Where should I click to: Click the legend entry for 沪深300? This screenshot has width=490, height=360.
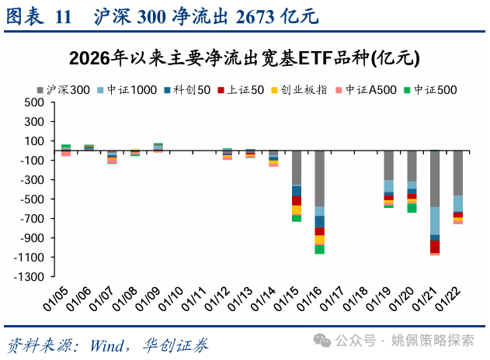coord(63,89)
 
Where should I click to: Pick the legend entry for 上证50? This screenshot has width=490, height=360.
coord(242,89)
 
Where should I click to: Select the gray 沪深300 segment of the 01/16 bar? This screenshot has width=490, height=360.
coord(320,178)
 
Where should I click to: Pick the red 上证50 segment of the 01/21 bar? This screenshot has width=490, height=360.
coord(435,246)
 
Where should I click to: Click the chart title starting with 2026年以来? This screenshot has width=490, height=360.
coord(245,58)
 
